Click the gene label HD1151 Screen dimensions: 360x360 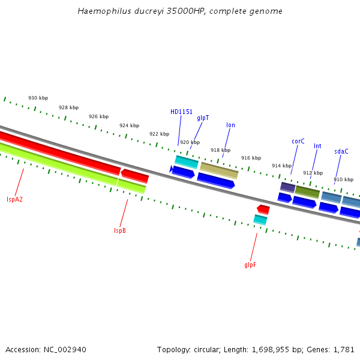tap(181, 112)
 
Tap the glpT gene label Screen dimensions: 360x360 tap(203, 118)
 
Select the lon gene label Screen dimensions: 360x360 tap(230, 125)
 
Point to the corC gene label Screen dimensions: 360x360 tap(298, 142)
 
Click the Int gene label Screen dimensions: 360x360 tap(317, 146)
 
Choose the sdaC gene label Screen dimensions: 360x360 tap(341, 152)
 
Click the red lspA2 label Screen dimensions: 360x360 tap(14, 199)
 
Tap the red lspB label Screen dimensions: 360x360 tap(120, 230)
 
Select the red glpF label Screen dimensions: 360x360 tap(250, 265)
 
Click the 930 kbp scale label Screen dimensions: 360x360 tap(38, 98)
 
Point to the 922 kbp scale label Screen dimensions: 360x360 tap(159, 134)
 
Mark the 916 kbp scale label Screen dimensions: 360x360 tap(251, 158)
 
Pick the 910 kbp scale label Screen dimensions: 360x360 tap(343, 179)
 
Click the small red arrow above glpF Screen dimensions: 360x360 tap(263, 209)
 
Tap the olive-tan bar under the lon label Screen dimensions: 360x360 tap(219, 170)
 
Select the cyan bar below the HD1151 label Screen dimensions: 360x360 tap(187, 162)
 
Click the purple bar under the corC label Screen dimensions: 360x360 tap(287, 187)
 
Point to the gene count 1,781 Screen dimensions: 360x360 tap(344, 349)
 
